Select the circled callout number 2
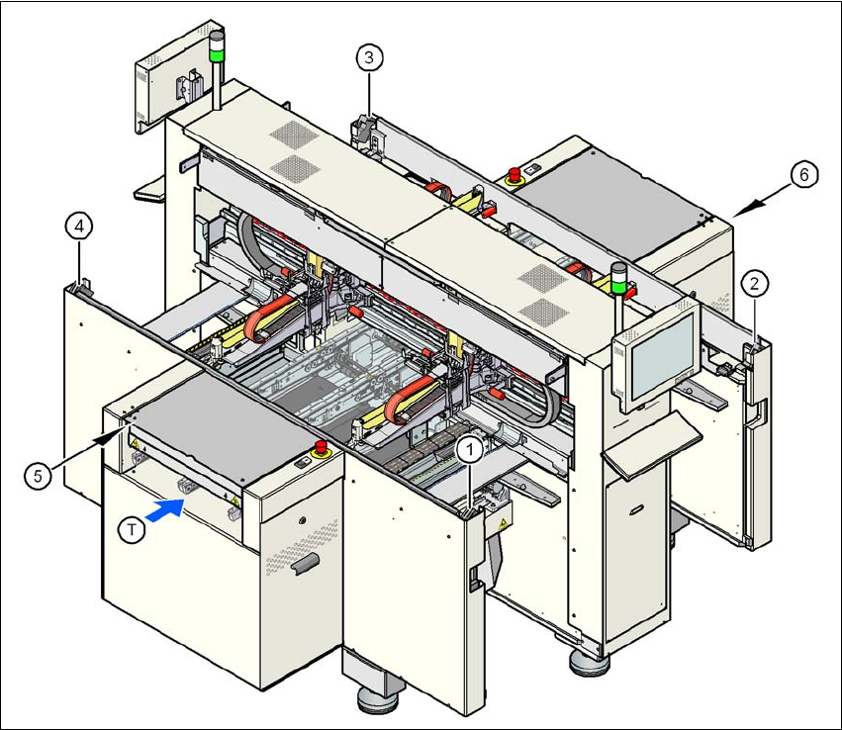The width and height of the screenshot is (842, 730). tap(754, 285)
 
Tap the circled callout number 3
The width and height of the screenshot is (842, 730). tap(369, 58)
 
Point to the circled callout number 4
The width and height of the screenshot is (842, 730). tap(80, 227)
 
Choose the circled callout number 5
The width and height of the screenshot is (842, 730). tap(38, 475)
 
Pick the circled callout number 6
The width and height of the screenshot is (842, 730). tap(803, 174)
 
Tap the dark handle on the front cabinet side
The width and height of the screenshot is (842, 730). tap(306, 563)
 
